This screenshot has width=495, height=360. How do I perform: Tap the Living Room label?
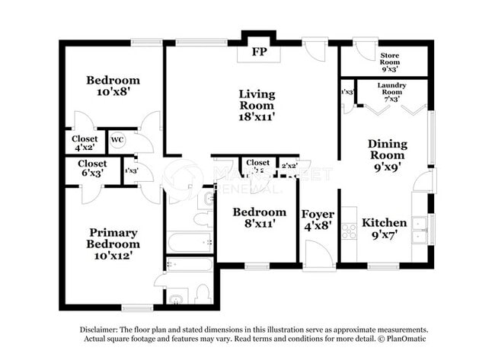click(257, 105)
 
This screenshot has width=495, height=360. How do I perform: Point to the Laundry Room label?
click(392, 90)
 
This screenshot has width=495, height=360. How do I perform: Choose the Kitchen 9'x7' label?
click(384, 228)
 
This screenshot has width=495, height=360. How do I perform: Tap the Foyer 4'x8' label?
click(316, 219)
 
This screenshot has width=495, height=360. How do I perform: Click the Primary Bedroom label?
click(113, 244)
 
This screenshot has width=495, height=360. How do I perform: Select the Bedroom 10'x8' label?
click(113, 86)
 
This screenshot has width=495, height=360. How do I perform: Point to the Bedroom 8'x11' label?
click(259, 218)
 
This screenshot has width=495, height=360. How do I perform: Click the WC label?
click(117, 139)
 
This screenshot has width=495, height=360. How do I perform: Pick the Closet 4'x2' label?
click(85, 144)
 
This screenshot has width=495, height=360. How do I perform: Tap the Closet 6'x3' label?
click(92, 168)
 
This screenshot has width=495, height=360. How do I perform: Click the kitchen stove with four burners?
click(350, 231)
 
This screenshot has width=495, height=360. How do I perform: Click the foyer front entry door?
click(318, 255)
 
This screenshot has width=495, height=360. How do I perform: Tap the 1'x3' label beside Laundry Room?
click(347, 93)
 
